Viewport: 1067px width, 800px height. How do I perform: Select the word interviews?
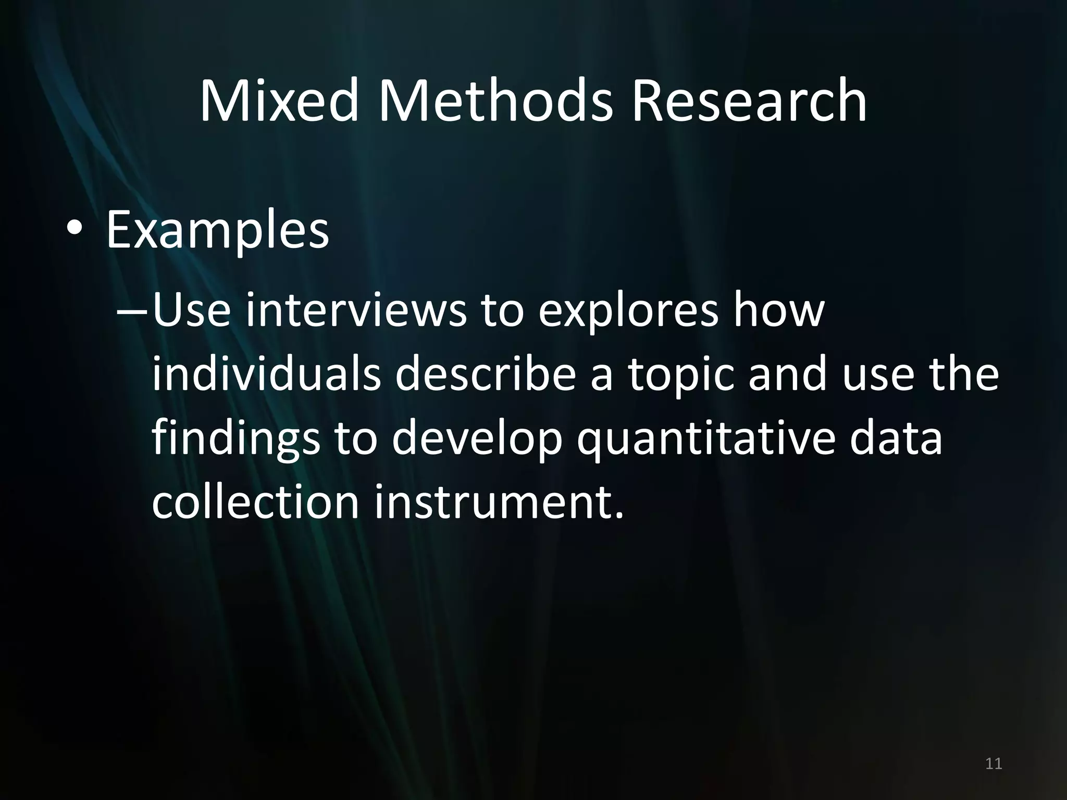pyautogui.click(x=356, y=311)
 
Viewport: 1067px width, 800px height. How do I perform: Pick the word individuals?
pyautogui.click(x=266, y=374)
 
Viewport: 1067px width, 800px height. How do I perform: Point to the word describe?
pyautogui.click(x=486, y=374)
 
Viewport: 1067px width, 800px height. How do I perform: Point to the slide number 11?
pyautogui.click(x=994, y=764)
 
